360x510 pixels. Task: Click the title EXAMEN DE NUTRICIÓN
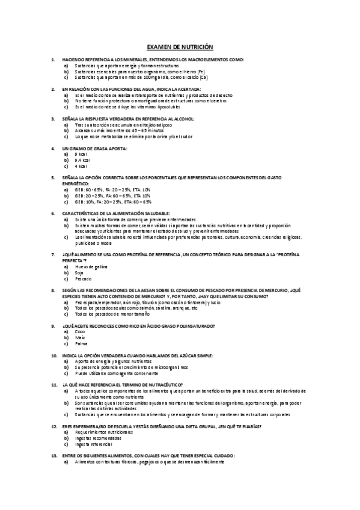click(180, 46)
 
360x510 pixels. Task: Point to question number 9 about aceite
click(138, 325)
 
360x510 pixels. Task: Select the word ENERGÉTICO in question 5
click(75, 183)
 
